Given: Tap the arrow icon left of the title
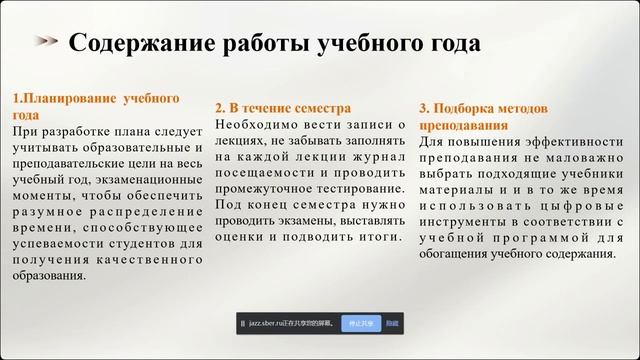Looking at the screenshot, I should click(46, 42).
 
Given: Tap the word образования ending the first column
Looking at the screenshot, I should click(49, 276).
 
